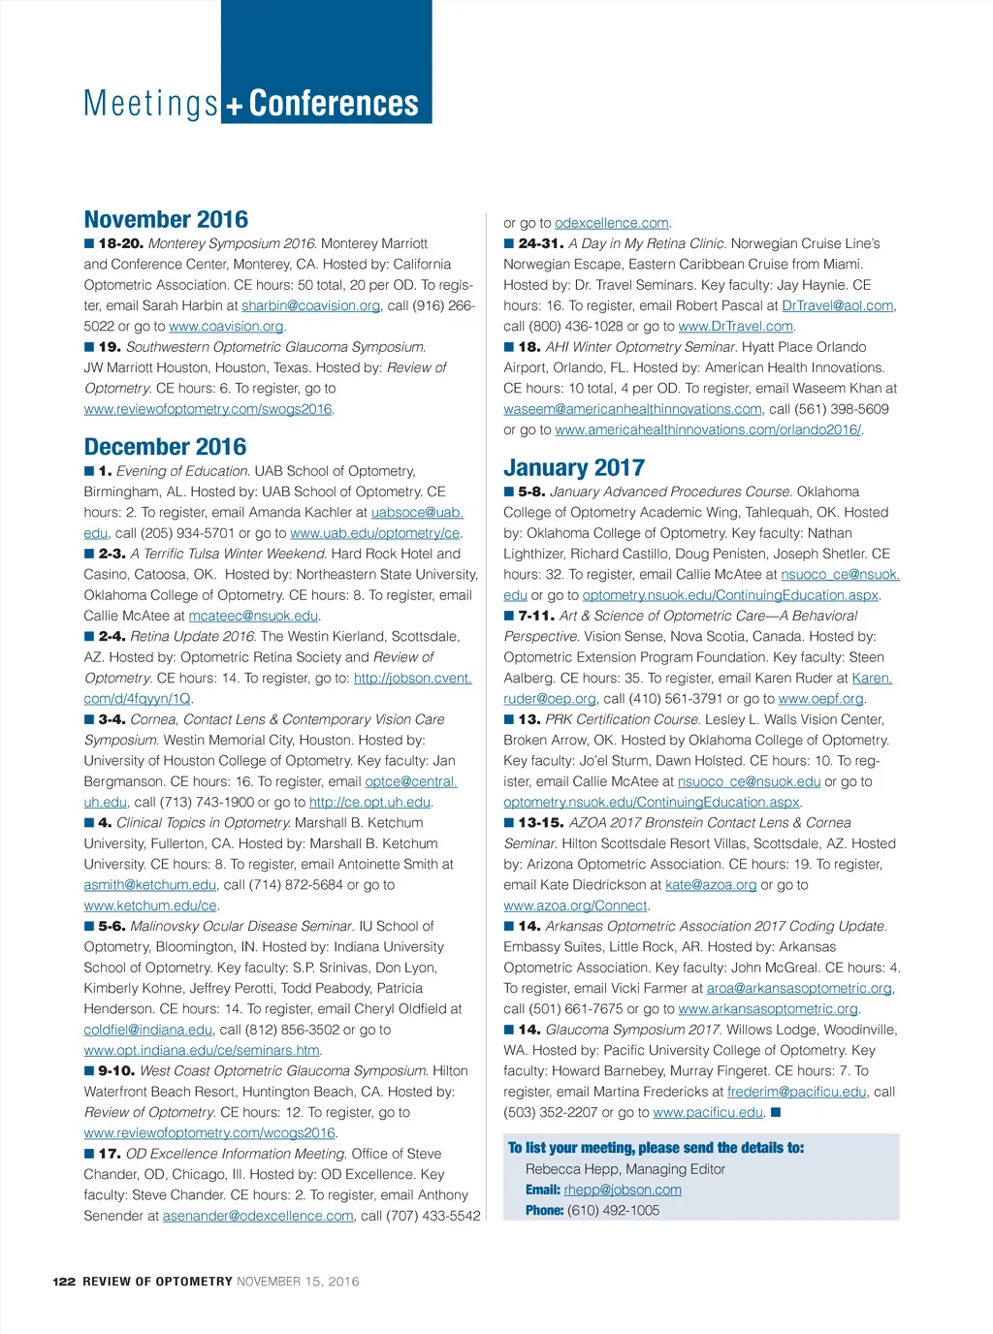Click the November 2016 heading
(x=166, y=220)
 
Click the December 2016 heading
(x=165, y=447)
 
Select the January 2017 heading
(x=574, y=468)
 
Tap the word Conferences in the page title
(x=334, y=104)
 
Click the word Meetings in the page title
(x=151, y=104)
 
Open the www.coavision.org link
(x=226, y=327)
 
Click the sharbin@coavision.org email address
(x=310, y=305)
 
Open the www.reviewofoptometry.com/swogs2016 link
(x=208, y=409)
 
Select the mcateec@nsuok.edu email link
(x=253, y=616)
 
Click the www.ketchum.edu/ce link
(x=150, y=905)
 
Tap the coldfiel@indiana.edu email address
(x=147, y=1030)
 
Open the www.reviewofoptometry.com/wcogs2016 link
(x=209, y=1132)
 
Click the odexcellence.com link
(x=611, y=223)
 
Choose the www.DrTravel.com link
(x=735, y=327)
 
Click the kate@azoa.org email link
(x=711, y=884)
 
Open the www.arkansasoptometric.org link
(x=768, y=1008)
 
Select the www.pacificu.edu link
(x=708, y=1112)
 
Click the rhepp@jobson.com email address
(x=623, y=1190)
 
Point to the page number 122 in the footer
(x=64, y=1282)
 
